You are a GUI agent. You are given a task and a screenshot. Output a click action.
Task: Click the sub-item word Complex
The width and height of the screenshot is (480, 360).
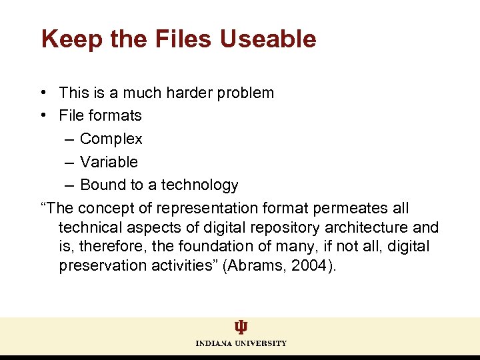[x=111, y=139]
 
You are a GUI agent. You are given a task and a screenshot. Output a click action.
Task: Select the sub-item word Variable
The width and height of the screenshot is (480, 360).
[x=109, y=162]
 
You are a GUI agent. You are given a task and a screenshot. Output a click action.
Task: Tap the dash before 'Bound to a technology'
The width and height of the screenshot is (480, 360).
[x=70, y=185]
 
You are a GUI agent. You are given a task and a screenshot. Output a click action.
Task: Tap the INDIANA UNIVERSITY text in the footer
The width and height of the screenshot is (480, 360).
[x=241, y=343]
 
